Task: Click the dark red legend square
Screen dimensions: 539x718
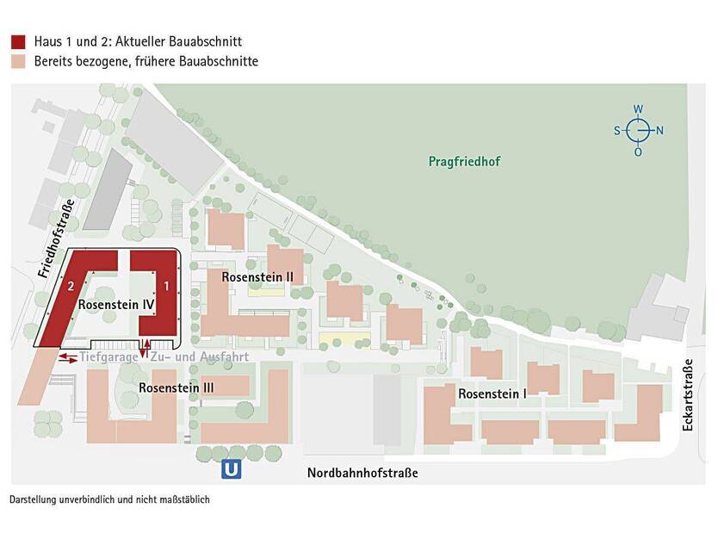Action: tap(17, 41)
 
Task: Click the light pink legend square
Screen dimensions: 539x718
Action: tap(17, 61)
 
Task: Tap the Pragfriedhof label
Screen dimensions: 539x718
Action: tap(464, 161)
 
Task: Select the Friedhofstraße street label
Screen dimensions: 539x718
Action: tap(58, 238)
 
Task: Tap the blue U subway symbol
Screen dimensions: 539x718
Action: tap(231, 470)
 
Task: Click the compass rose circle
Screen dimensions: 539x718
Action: tap(638, 130)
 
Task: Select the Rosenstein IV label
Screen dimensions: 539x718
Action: tap(116, 305)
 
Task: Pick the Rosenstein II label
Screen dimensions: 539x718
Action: tap(258, 277)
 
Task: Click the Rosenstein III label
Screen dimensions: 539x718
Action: tap(176, 388)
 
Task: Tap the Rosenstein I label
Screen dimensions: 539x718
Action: tap(492, 393)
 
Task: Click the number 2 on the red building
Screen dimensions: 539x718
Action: tap(72, 285)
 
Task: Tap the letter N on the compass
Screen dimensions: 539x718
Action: tap(660, 131)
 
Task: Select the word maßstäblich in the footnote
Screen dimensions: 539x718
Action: tap(182, 499)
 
